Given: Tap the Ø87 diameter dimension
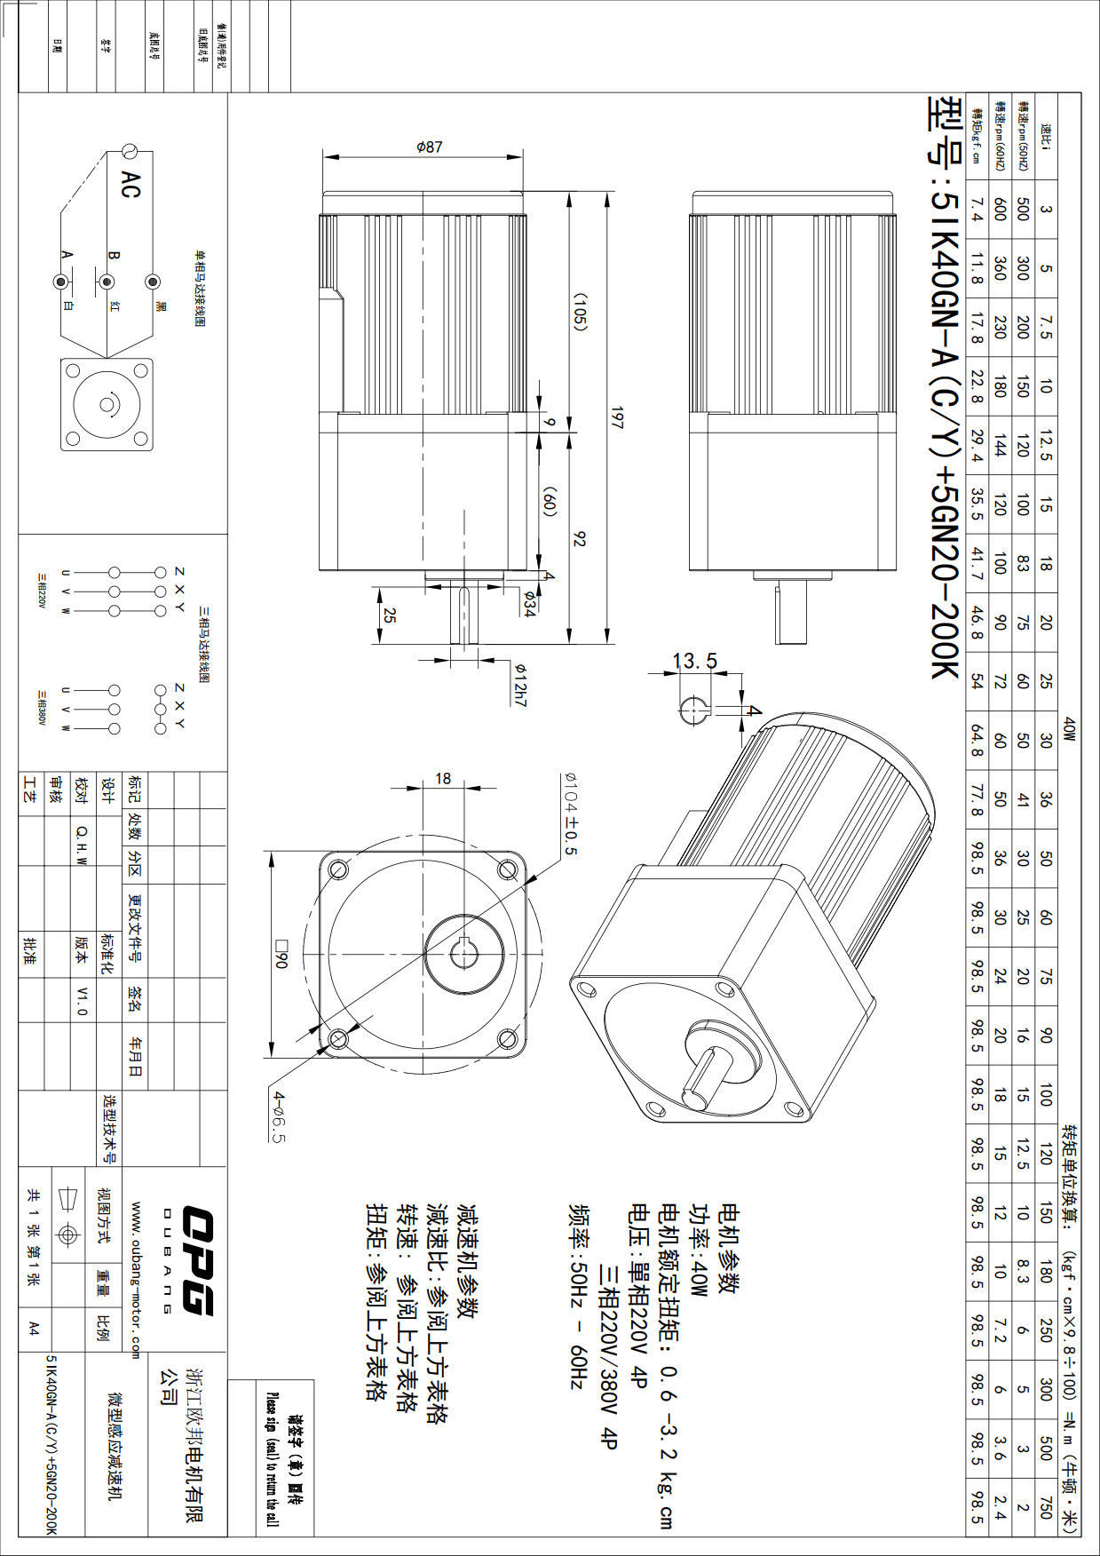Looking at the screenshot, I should (429, 147).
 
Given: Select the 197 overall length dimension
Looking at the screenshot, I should (615, 417).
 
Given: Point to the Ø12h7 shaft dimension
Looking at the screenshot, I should (521, 685).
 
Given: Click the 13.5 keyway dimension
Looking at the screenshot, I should (694, 661).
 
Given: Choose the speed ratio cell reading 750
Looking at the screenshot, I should (1045, 1508).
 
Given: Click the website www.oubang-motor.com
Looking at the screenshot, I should (136, 1280).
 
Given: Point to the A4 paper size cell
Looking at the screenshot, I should (34, 1328).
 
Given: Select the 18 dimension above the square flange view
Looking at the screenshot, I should (443, 779).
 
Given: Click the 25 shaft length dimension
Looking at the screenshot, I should (389, 615).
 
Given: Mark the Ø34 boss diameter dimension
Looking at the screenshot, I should (529, 604).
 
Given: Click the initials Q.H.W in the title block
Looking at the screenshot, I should (82, 842).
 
